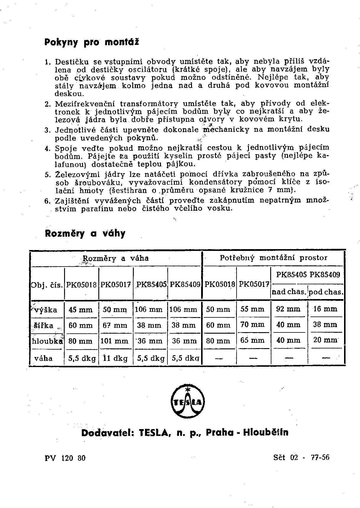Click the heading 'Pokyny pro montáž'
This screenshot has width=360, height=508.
[x=92, y=42]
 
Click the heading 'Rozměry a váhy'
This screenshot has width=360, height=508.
[x=85, y=233]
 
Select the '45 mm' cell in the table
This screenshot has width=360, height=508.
[x=81, y=310]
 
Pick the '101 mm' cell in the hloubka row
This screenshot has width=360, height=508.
[x=115, y=341]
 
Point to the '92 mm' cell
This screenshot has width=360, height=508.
[x=288, y=309]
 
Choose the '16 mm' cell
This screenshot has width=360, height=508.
[x=325, y=309]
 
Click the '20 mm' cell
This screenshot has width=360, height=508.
[x=325, y=340]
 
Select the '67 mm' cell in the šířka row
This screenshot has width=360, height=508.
[x=115, y=325]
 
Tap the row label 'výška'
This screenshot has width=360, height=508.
[x=46, y=310]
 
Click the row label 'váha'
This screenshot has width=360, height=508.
[x=43, y=358]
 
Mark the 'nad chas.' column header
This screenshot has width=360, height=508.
[x=289, y=292]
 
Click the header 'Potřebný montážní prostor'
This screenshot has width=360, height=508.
[x=273, y=258]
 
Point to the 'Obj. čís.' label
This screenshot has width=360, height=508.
[x=47, y=285]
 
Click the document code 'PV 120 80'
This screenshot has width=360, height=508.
[x=65, y=458]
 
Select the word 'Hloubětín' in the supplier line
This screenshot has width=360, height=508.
[x=265, y=433]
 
